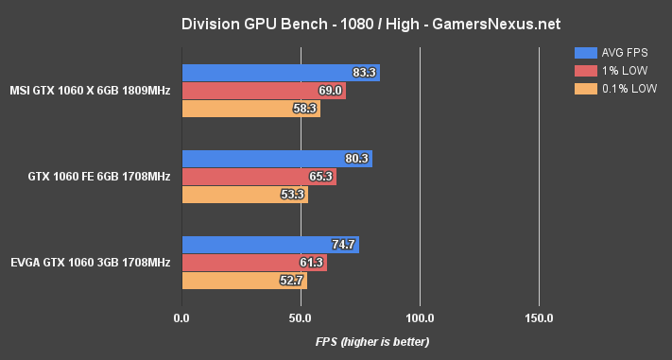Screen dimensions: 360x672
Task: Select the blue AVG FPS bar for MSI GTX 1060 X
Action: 280,73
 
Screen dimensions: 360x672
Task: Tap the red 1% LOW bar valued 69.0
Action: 263,91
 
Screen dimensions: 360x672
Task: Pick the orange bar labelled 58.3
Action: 250,109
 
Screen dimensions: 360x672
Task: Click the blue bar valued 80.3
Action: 276,159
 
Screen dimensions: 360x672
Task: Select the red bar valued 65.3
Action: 258,177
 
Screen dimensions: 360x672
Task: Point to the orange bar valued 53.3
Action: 244,195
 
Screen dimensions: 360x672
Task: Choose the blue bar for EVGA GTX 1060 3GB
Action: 269,245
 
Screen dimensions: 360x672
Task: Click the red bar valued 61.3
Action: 253,263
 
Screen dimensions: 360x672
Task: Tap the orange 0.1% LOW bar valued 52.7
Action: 244,281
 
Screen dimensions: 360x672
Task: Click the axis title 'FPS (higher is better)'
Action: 372,341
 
